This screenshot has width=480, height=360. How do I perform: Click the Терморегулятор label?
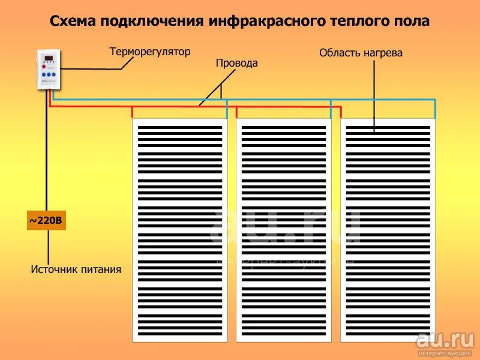pos(150,52)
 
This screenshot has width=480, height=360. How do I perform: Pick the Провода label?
pos(236,63)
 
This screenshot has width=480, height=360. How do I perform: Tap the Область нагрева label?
pos(361,53)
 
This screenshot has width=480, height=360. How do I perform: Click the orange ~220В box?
pos(46,220)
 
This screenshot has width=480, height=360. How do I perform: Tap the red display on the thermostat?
pos(49,58)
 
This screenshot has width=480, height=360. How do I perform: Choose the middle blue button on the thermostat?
pos(49,74)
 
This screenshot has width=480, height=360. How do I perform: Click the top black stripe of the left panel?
pos(180,128)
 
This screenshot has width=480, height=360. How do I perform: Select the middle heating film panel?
pos(283,230)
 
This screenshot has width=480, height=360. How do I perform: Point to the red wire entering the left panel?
pos(132,112)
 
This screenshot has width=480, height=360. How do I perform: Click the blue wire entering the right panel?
pos(434,109)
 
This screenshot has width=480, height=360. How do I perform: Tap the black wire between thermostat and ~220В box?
pos(47,150)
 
